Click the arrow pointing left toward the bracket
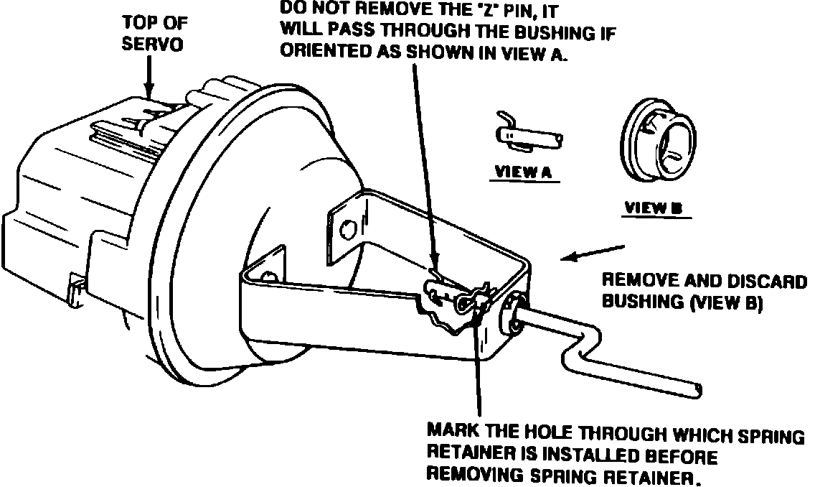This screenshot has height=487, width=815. point(593,254)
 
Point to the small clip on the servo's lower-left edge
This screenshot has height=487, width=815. point(76,292)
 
